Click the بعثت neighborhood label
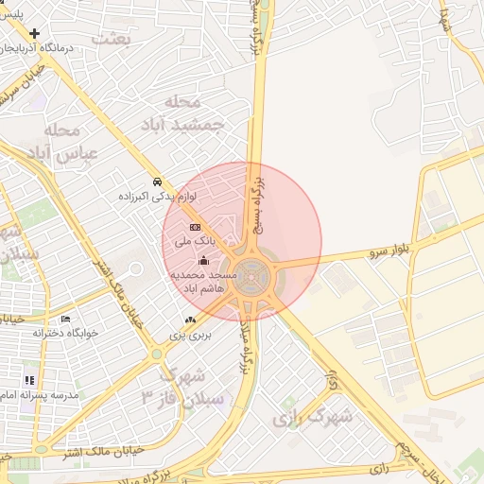pos(111,38)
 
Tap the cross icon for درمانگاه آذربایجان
pos(35,33)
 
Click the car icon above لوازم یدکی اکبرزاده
pos(157,181)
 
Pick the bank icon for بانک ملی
pos(195,227)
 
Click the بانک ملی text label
pos(196,242)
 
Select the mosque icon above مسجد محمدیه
pos(202,260)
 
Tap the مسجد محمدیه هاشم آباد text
pos(201,281)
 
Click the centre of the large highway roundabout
pos(253,276)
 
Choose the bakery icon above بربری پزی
pos(191,320)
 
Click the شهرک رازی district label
pos(311,416)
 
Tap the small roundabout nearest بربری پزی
pos(156,354)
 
